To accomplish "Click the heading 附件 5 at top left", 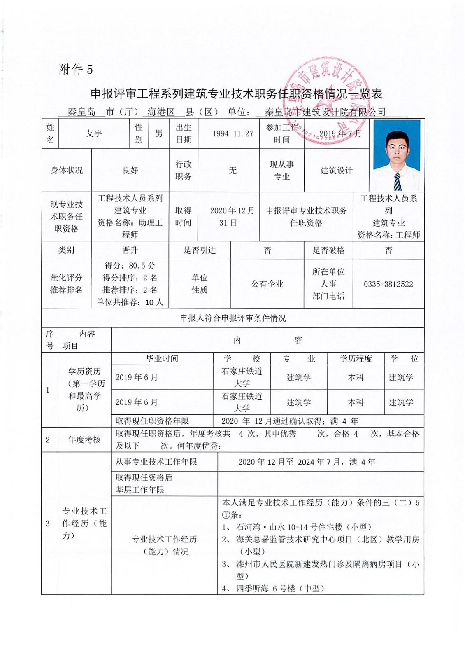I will coord(76,70).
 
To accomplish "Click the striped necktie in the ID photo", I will coord(397,181).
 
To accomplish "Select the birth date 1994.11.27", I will coord(233,133).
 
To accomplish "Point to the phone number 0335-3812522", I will coord(388,284).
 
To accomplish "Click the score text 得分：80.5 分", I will coord(130,266).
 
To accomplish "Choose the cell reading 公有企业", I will coord(267,284).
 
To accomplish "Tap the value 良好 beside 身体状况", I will coord(130,170).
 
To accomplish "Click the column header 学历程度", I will coord(356,359).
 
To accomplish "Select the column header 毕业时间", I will coord(162,359).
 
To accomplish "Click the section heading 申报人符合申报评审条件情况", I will coord(233,318).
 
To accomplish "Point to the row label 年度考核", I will coord(84,440).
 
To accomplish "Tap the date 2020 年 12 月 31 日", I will coord(232,217).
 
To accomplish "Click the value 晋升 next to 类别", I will coord(130,250).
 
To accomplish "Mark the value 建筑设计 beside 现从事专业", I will coord(337,171).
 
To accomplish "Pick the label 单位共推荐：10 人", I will coord(130,302).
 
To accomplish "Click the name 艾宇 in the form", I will coord(94,133).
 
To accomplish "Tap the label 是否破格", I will coord(328,250).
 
